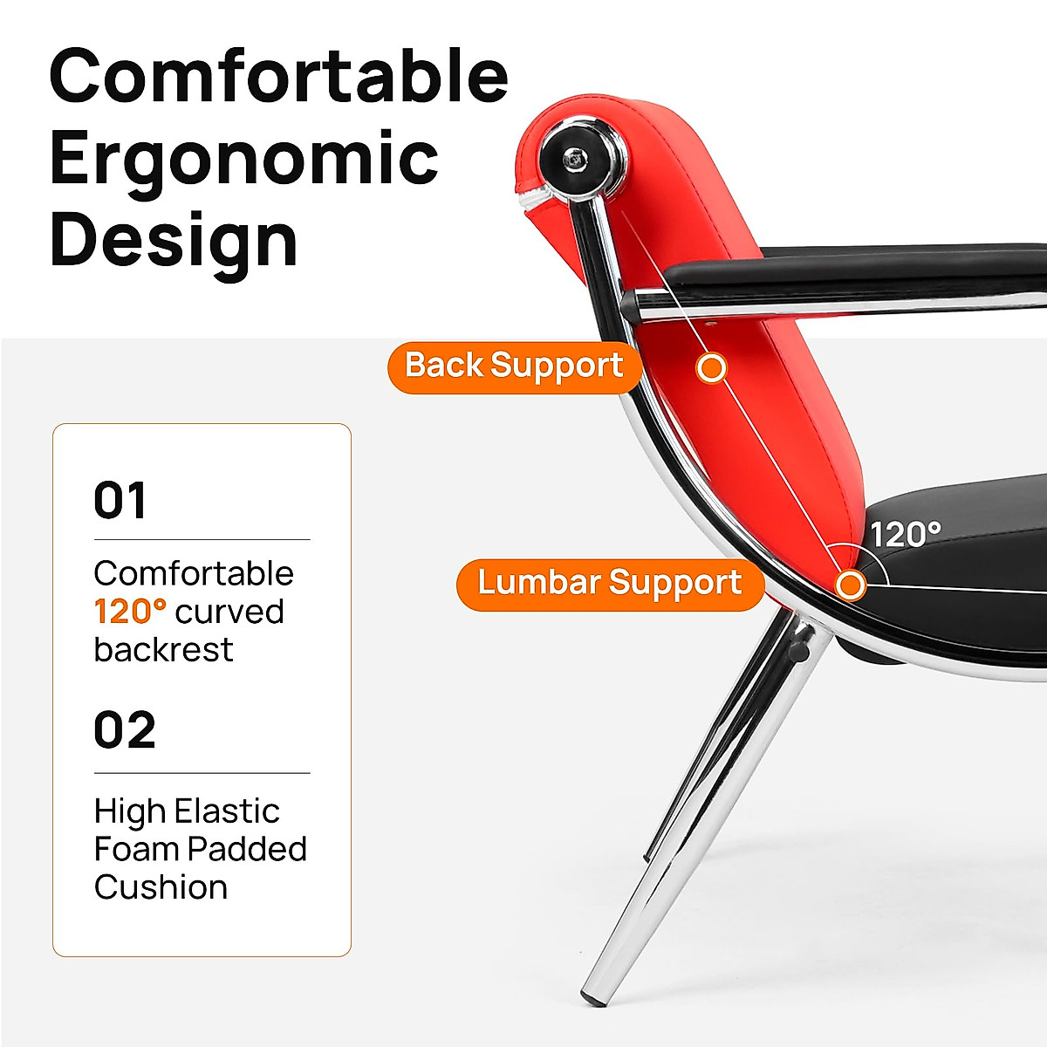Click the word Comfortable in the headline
pos(278,77)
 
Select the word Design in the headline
pos(174,240)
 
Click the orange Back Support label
pos(515,366)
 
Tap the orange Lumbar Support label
pos(610,584)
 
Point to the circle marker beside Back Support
pos(712,368)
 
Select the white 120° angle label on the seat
pos(905,534)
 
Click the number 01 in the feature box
pos(120,501)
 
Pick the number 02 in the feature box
pos(125,731)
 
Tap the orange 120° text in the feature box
pos(130,612)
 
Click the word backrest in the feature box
pos(163,650)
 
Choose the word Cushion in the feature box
pos(161,887)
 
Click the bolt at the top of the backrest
pos(574,159)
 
